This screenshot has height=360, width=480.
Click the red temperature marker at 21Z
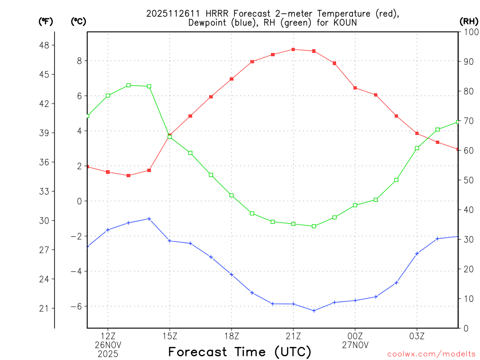coord(293,49)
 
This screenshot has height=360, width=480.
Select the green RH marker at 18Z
coord(232,195)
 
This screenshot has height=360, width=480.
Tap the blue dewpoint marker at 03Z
coord(417,254)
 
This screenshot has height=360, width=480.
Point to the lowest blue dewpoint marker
coord(314,310)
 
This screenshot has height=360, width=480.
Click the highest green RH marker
coord(128,85)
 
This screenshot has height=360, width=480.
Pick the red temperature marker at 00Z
coord(355,88)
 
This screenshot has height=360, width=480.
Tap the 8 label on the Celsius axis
coord(80,60)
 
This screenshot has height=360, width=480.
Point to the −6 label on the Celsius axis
coord(76,306)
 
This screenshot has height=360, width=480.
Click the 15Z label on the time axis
coord(170,336)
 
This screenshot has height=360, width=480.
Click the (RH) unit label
coord(469,21)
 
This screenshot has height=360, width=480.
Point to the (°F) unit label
coord(46,21)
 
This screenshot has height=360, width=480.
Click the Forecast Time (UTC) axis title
coord(240,352)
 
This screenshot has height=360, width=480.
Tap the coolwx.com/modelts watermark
coord(431,354)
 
